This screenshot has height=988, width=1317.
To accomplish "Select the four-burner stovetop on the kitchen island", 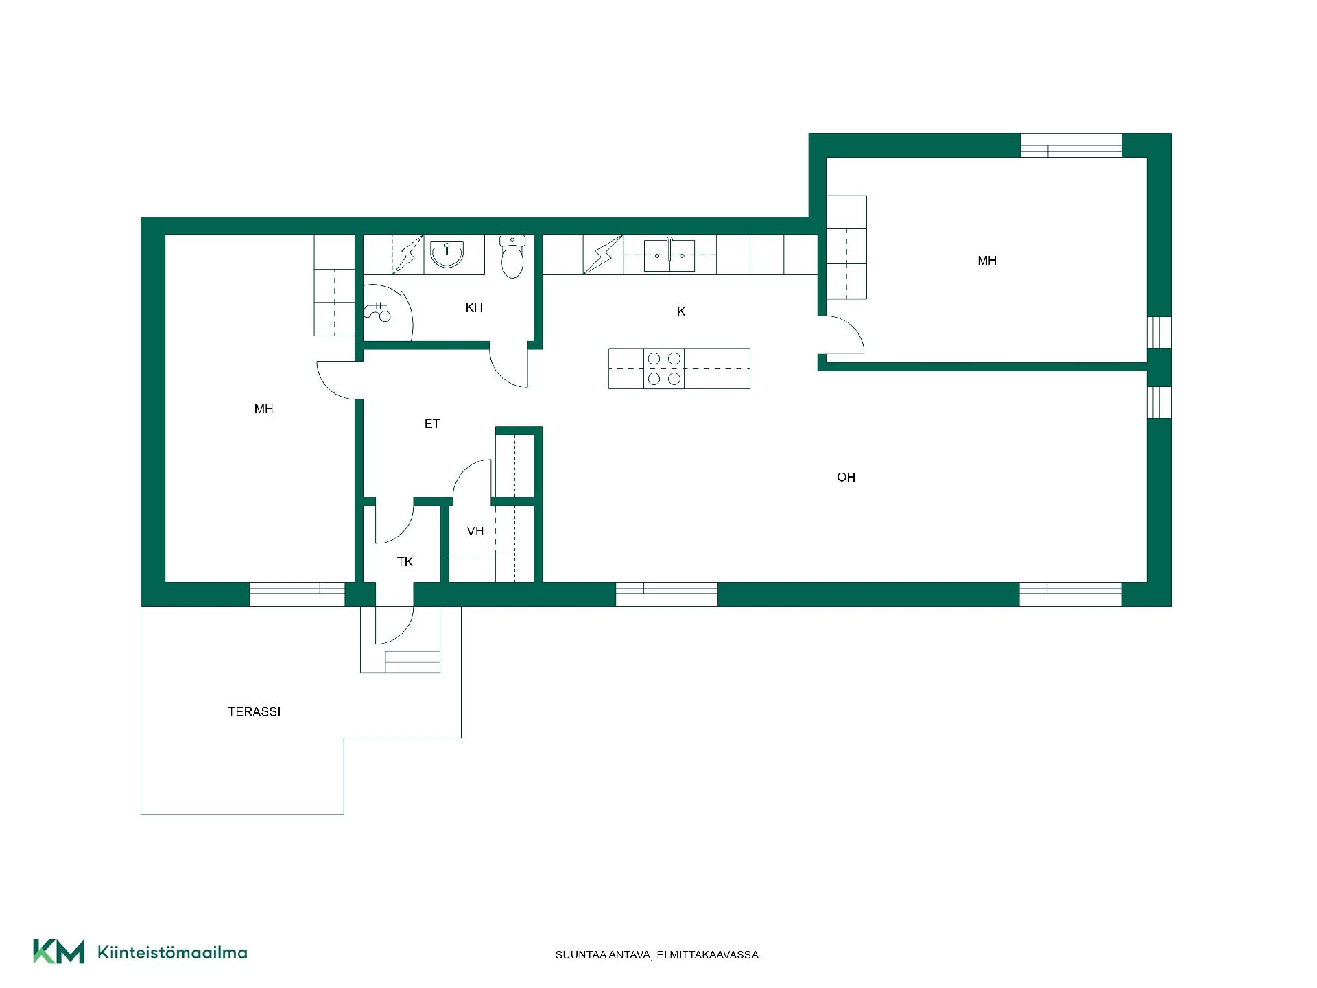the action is click(x=664, y=368).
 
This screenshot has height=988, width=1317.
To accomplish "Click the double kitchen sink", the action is click(x=669, y=255).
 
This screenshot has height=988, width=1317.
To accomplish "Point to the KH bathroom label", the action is click(x=474, y=308).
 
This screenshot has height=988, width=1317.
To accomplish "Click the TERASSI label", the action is click(x=254, y=712).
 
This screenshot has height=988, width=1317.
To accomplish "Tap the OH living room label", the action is click(x=846, y=478).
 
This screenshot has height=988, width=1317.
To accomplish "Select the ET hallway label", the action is click(x=432, y=424).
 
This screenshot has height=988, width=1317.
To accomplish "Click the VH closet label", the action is click(x=475, y=531).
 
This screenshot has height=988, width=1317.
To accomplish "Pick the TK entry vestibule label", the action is click(x=405, y=562).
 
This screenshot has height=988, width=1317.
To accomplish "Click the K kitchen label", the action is click(x=681, y=311).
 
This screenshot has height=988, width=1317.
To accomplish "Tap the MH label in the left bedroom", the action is click(x=264, y=409).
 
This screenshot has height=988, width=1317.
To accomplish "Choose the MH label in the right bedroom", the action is click(x=987, y=261).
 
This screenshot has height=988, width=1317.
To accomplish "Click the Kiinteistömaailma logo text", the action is click(x=172, y=952).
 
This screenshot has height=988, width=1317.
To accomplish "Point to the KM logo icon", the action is click(x=59, y=952).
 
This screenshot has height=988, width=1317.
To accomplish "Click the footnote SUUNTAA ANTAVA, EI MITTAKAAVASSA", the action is click(x=658, y=955).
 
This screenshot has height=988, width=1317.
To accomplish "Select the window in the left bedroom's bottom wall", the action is click(x=297, y=593).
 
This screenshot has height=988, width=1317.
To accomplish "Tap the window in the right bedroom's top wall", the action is click(x=1071, y=145).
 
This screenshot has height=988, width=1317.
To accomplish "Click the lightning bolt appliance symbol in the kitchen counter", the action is click(x=604, y=255).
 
